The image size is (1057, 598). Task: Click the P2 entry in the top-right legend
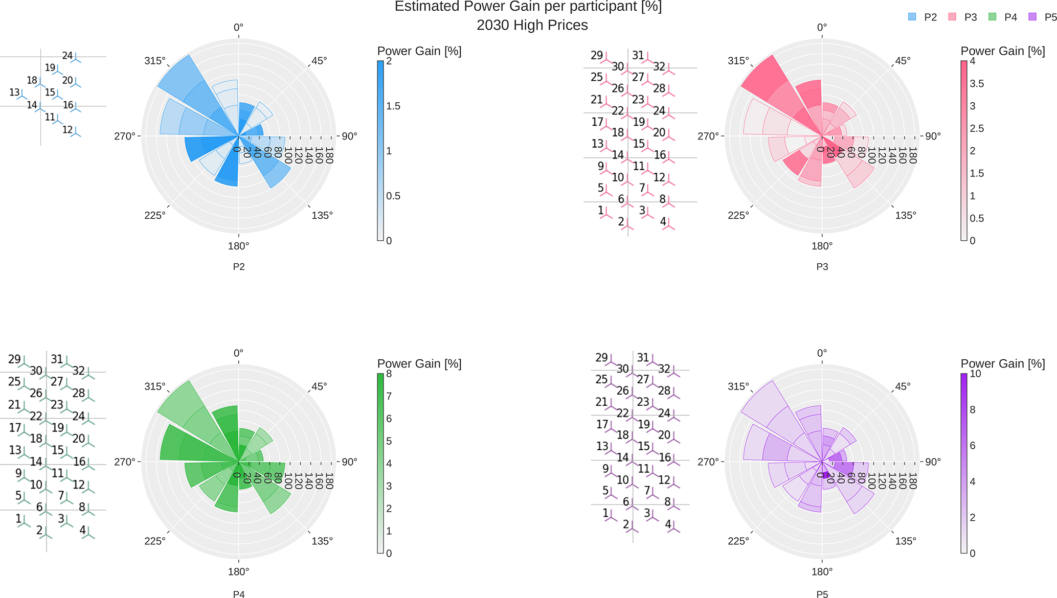point(930,17)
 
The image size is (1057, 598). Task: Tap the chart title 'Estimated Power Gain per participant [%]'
point(528,7)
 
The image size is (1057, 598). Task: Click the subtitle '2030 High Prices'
point(532,25)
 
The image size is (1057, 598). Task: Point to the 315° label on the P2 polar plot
point(155,61)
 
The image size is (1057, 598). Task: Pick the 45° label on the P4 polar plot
point(319,387)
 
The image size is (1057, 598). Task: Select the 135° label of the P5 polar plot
point(905,541)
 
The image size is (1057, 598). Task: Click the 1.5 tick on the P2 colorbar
point(393,106)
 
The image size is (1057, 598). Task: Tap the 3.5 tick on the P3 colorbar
point(977,84)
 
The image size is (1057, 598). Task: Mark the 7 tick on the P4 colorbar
point(389,396)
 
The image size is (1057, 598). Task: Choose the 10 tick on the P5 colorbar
point(976,374)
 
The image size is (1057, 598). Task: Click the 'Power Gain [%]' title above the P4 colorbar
point(419,364)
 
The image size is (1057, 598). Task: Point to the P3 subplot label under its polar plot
point(822,267)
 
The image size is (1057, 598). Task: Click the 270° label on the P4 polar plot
point(125,462)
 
